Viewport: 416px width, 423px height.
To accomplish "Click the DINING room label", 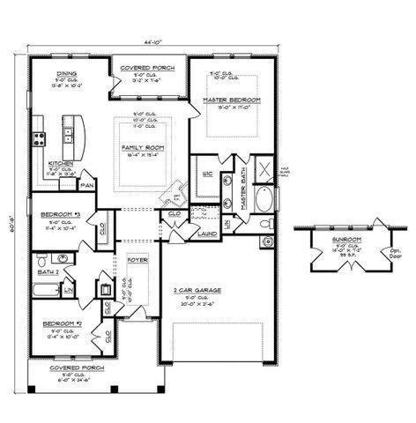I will [67, 74].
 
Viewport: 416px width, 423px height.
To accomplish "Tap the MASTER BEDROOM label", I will [232, 100].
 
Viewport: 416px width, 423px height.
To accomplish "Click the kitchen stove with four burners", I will [39, 137].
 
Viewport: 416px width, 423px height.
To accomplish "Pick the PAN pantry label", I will [87, 185].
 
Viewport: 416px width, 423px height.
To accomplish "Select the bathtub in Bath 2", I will [47, 289].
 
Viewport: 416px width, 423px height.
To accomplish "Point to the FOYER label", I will [136, 260].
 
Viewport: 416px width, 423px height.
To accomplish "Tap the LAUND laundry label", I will [207, 234].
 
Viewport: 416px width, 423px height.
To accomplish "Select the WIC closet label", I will [208, 173].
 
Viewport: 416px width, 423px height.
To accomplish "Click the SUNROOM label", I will [338, 238].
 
